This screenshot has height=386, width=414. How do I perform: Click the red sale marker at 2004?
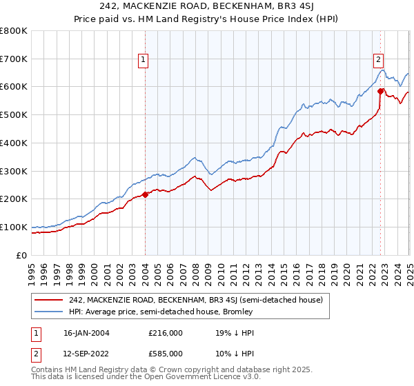[x=146, y=194]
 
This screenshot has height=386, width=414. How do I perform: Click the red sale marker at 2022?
[x=381, y=90]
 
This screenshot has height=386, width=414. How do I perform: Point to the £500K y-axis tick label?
[x=13, y=115]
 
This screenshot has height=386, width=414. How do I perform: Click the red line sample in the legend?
[x=48, y=299]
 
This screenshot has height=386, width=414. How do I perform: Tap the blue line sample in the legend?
[x=48, y=312]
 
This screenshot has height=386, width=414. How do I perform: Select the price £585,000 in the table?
[x=165, y=354]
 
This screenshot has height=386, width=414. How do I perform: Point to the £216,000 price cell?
[x=165, y=333]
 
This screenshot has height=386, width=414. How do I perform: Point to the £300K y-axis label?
[x=13, y=171]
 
